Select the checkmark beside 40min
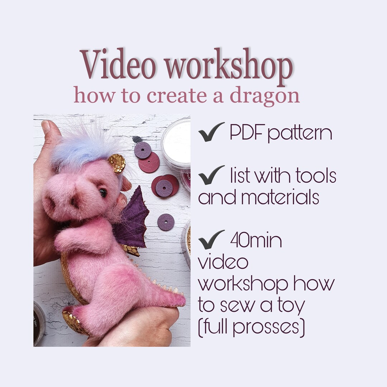tap(211, 241)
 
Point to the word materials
tap(258, 197)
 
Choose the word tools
tap(316, 176)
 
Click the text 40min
tap(256, 241)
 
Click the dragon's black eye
tap(103, 193)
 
